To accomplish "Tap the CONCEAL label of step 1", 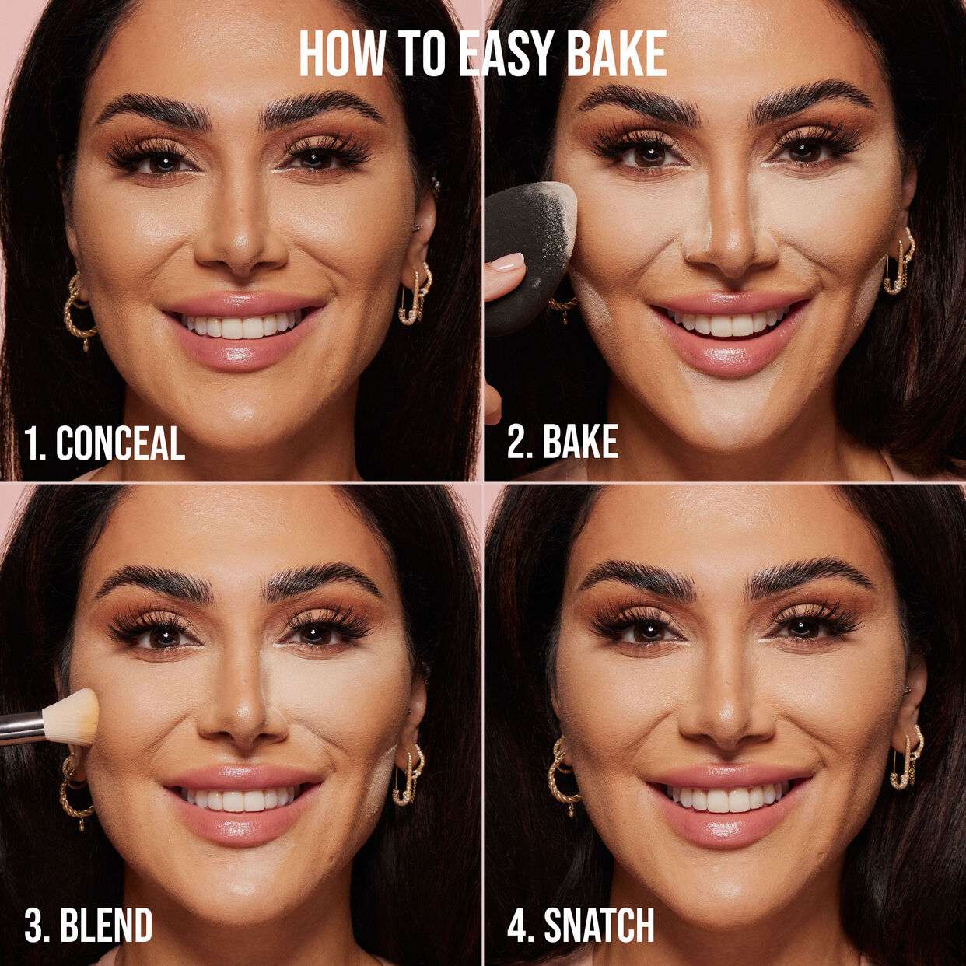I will click(x=120, y=443).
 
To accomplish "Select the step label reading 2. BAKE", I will click(x=562, y=442).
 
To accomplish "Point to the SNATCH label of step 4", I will click(x=598, y=926).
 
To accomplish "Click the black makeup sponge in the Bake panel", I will click(x=523, y=249).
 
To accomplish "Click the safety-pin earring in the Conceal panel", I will click(x=415, y=295).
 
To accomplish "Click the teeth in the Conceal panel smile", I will click(x=240, y=325).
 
